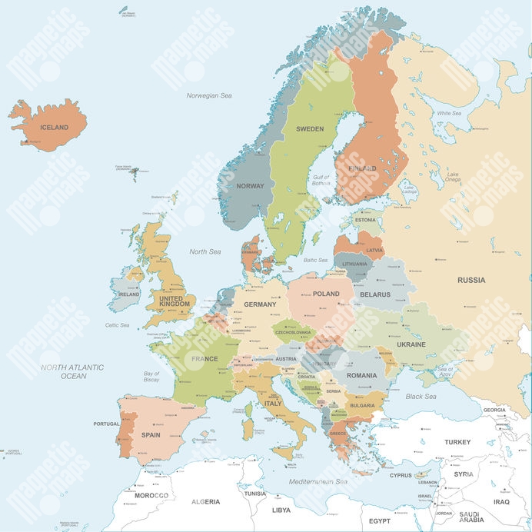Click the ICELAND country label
54,128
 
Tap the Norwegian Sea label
209,95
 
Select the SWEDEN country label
310,129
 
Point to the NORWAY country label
250,186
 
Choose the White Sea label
450,114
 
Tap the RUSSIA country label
471,280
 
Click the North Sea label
204,251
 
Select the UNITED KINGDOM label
171,301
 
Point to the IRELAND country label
128,294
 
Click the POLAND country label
326,294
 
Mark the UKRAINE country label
411,344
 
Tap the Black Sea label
421,397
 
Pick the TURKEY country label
457,442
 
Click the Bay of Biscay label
152,377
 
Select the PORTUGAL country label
106,424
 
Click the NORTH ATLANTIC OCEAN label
74,372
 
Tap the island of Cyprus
421,476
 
